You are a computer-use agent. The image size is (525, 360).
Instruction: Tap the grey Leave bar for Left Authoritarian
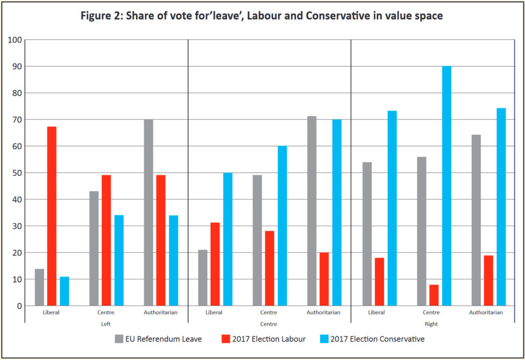149,212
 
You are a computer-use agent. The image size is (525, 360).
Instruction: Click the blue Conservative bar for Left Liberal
65,291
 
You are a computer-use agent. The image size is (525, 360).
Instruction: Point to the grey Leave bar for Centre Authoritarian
312,211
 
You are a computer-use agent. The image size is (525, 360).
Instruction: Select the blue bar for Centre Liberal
227,239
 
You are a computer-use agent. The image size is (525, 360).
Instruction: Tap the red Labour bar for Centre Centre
270,268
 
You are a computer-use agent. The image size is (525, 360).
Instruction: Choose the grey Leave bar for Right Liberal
367,234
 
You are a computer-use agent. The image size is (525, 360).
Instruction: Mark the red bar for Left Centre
106,240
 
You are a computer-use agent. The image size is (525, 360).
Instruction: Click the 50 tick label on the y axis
17,173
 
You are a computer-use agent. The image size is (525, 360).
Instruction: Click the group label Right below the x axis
432,324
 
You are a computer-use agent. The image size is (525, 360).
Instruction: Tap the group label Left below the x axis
106,324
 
